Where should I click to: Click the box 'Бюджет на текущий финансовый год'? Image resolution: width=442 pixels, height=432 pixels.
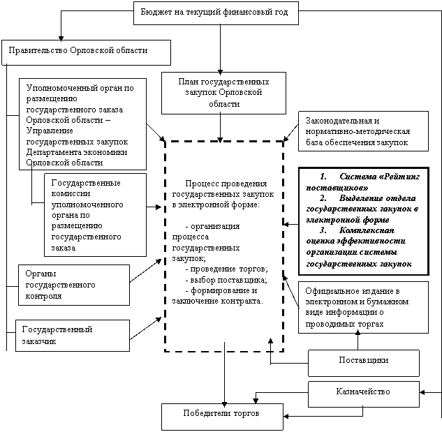216,13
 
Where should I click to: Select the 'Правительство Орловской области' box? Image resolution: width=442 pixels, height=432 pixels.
87,53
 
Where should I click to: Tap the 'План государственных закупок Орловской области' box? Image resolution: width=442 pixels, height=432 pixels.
224,93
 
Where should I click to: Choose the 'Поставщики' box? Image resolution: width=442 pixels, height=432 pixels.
364,363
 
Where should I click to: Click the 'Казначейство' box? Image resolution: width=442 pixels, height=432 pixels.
364,394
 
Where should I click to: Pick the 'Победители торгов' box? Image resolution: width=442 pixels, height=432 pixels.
223,417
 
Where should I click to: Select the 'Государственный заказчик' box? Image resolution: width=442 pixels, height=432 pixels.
73,336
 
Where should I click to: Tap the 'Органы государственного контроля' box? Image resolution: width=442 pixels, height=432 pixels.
74,285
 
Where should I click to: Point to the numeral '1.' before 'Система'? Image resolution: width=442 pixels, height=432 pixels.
323,177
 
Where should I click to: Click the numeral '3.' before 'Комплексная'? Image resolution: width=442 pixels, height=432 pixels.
323,230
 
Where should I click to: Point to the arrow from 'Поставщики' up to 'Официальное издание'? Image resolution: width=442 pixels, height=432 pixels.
358,340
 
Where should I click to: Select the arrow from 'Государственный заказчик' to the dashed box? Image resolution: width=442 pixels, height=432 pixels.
145,328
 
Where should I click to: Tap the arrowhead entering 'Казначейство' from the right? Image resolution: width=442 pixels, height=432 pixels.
422,392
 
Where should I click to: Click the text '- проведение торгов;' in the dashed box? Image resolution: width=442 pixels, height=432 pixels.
227,269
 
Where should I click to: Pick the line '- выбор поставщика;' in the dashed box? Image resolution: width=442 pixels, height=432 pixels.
226,280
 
